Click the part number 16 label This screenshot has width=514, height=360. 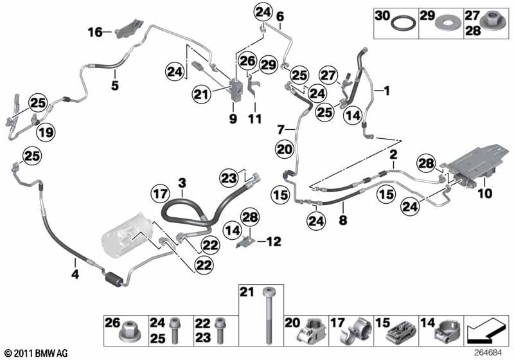(x=95, y=31)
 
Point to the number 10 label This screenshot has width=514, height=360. (x=483, y=192)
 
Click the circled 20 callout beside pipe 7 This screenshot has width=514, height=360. (x=285, y=150)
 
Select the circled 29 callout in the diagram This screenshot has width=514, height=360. (x=268, y=64)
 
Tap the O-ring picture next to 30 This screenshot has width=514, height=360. (x=403, y=24)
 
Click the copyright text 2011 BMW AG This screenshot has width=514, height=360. (x=35, y=352)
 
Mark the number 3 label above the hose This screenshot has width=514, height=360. (x=182, y=184)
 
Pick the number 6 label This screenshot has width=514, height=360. (x=279, y=17)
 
